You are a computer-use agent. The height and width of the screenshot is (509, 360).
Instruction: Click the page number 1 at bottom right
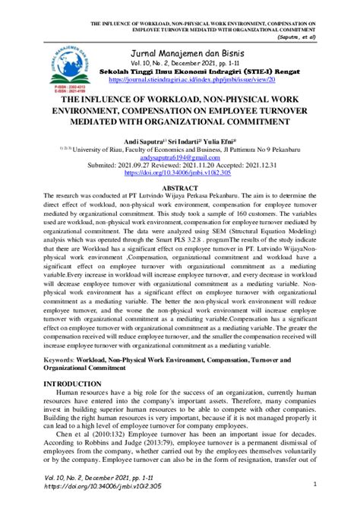point(314,483)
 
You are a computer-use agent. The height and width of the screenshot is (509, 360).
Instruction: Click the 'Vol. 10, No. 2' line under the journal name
point(180,62)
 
